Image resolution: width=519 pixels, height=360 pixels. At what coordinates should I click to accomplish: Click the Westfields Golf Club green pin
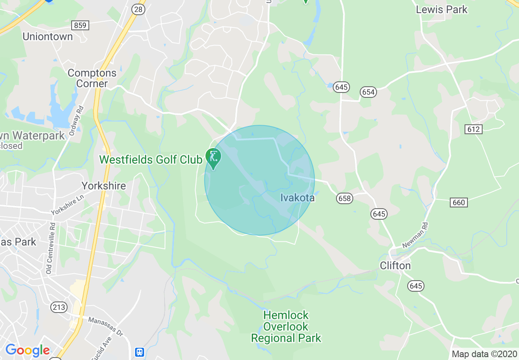click(x=213, y=158)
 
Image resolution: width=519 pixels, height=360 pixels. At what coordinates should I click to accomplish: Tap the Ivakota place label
click(x=298, y=198)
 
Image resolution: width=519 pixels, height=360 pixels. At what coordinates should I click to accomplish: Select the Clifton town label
click(x=395, y=265)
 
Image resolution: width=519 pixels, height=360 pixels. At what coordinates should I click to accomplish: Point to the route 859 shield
click(x=80, y=25)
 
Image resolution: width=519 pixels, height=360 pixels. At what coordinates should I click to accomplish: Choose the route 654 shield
click(x=368, y=92)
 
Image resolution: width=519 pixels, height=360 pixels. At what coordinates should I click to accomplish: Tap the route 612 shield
click(x=474, y=129)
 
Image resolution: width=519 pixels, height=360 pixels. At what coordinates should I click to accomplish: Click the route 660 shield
click(x=459, y=202)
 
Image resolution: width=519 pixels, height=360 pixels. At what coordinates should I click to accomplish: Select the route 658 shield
click(x=345, y=198)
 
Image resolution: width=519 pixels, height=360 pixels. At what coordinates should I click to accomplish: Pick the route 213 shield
click(x=59, y=307)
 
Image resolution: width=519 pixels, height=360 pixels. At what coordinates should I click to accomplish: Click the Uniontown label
click(x=47, y=36)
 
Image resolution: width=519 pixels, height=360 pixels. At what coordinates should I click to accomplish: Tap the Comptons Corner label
click(x=92, y=78)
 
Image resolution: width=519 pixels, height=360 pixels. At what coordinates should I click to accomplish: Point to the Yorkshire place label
click(x=104, y=186)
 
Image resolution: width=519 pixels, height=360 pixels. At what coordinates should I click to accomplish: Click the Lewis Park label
click(x=442, y=9)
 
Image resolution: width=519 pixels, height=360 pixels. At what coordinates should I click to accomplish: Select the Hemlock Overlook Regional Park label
click(x=286, y=326)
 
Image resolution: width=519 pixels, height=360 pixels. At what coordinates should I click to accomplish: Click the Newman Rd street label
click(x=415, y=235)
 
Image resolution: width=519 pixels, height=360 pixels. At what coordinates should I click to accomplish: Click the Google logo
click(x=27, y=351)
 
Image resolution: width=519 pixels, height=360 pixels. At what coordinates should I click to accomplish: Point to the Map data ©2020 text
click(x=484, y=354)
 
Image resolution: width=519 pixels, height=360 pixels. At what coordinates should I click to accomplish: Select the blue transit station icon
click(x=140, y=352)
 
